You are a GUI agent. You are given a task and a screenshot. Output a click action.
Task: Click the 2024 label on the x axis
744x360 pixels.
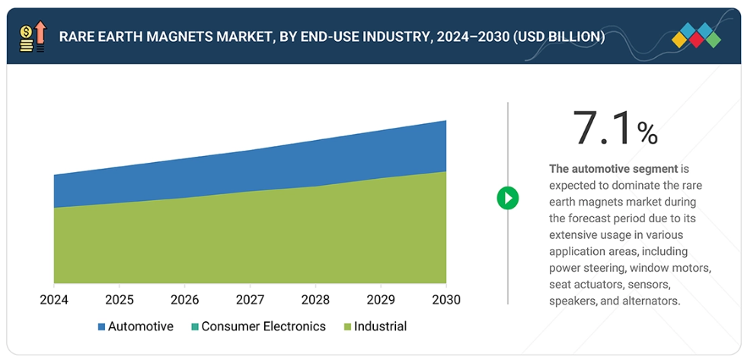pos(54,299)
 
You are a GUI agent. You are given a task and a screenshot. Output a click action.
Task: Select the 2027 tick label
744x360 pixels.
pos(250,299)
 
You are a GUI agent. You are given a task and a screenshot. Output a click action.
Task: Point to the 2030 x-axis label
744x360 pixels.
pos(445,299)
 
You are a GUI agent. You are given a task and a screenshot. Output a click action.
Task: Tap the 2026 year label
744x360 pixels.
pos(184,299)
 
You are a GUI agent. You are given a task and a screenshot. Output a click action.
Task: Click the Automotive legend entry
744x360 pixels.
pos(140,327)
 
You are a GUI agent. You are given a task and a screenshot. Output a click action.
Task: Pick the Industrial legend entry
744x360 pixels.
pos(379,327)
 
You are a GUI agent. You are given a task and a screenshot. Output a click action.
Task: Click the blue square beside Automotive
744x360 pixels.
pos(101,327)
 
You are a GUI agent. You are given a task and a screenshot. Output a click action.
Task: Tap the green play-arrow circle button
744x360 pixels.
pos(508,199)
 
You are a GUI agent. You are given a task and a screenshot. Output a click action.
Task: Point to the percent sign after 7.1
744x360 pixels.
pos(647,134)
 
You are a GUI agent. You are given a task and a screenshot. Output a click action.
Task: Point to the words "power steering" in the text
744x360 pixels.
pos(587,268)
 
